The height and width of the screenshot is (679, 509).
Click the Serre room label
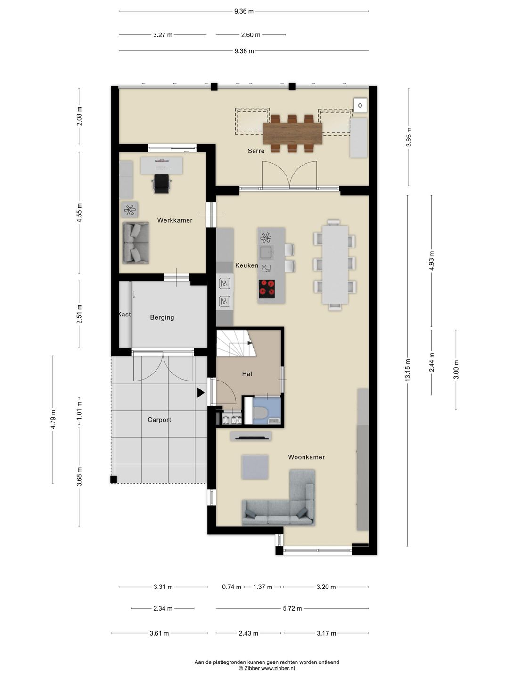pos(256,151)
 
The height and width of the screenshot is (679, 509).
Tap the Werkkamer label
pos(174,220)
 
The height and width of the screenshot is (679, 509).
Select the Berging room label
pos(162,317)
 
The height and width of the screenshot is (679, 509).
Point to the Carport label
pos(159,420)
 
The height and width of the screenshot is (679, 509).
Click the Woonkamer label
pos(306,457)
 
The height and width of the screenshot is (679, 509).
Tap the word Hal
pos(247,374)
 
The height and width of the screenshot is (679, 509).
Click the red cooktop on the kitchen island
pos(267,289)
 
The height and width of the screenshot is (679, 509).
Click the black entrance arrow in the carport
pos(201,393)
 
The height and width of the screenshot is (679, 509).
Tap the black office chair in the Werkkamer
pos(162,184)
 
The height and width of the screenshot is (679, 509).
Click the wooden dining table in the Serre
pos(292,133)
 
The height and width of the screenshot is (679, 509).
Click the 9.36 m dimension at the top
pos(244,11)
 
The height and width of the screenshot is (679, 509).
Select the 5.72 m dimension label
pos(292,608)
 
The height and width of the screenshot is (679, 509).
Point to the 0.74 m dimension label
pos(231,587)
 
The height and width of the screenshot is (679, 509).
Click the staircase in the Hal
pos(237,343)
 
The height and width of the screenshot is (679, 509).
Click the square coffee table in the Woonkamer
pos(255,467)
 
